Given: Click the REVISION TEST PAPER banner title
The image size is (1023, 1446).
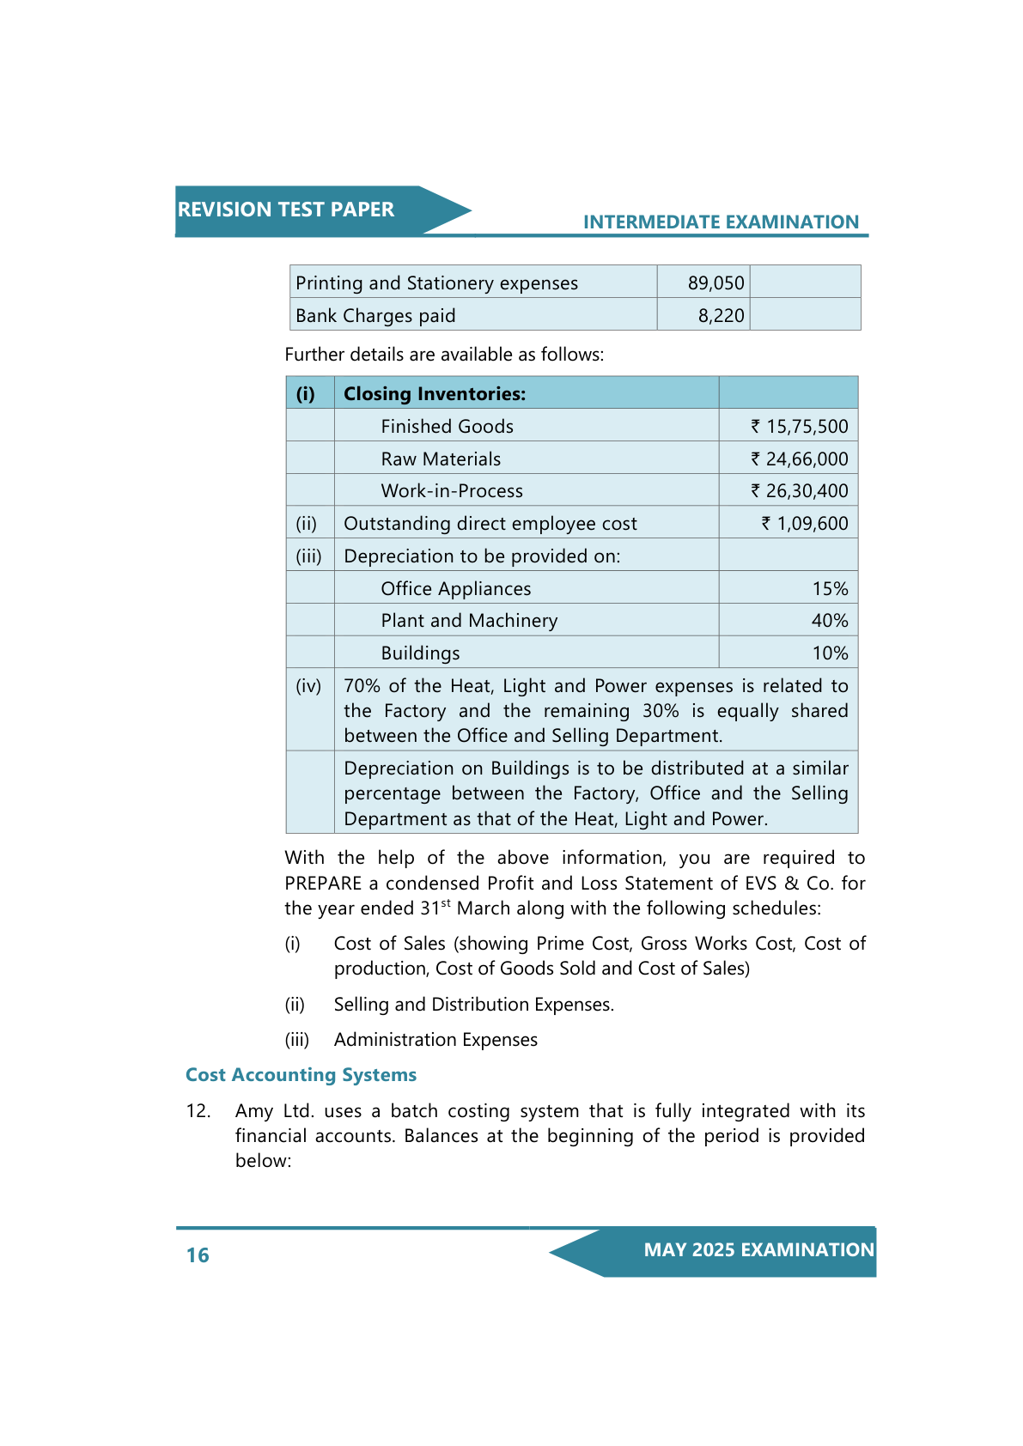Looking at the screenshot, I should click(285, 210).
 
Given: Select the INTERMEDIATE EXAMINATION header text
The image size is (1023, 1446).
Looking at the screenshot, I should click(721, 222).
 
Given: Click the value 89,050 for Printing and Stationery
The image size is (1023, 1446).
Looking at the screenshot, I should click(715, 283).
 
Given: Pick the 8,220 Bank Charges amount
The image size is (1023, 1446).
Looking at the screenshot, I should click(721, 316).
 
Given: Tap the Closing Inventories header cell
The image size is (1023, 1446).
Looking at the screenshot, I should click(435, 394).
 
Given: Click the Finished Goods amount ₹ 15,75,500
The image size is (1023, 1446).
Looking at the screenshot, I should click(799, 427).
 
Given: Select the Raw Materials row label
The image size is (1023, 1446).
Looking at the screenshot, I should click(441, 459).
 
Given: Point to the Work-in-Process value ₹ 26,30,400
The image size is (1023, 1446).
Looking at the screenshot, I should click(799, 491).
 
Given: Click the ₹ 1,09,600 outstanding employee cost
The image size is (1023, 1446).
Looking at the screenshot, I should click(804, 524).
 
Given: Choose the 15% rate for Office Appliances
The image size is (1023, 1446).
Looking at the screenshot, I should click(830, 589).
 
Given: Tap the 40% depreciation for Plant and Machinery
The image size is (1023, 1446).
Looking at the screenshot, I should click(830, 621).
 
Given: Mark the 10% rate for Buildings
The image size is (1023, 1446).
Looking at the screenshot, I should click(830, 653).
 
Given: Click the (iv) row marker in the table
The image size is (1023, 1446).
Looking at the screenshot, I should click(308, 686).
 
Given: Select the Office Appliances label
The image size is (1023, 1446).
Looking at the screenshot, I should click(455, 589).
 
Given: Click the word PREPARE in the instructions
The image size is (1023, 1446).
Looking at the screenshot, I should click(324, 884).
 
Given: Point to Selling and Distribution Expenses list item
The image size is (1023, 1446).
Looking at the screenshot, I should click(473, 1005).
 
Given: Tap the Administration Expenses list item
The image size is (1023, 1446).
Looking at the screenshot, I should click(435, 1040).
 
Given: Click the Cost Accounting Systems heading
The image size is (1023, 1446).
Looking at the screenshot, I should click(301, 1075).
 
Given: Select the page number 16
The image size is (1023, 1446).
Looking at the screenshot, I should click(198, 1255).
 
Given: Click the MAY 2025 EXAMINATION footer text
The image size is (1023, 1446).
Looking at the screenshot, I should click(758, 1250).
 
